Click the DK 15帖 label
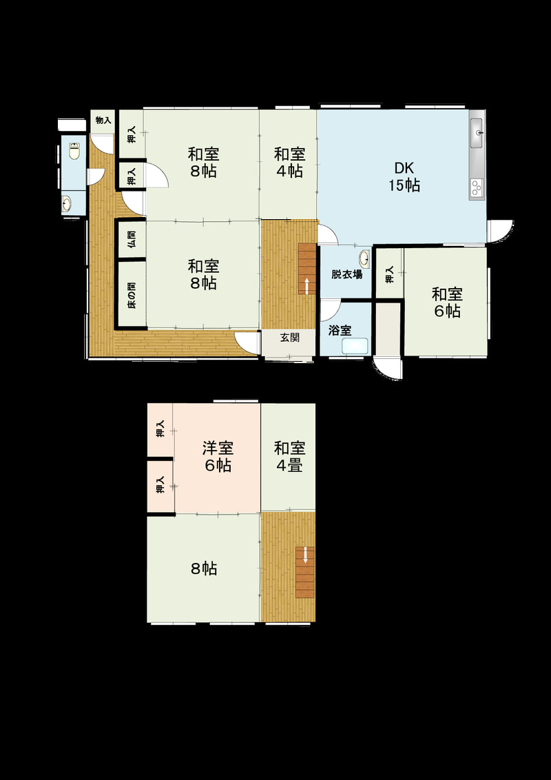404,176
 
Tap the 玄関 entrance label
289,338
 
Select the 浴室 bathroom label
341,330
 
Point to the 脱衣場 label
346,274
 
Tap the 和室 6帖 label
447,302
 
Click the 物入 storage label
103,121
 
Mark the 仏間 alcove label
132,240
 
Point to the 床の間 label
132,296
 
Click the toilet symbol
74,151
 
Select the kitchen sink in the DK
476,133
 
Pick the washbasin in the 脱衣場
364,258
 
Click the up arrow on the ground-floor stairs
306,286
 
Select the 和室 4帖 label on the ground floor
289,162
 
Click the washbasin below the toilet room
67,203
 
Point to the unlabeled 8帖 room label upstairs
204,568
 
